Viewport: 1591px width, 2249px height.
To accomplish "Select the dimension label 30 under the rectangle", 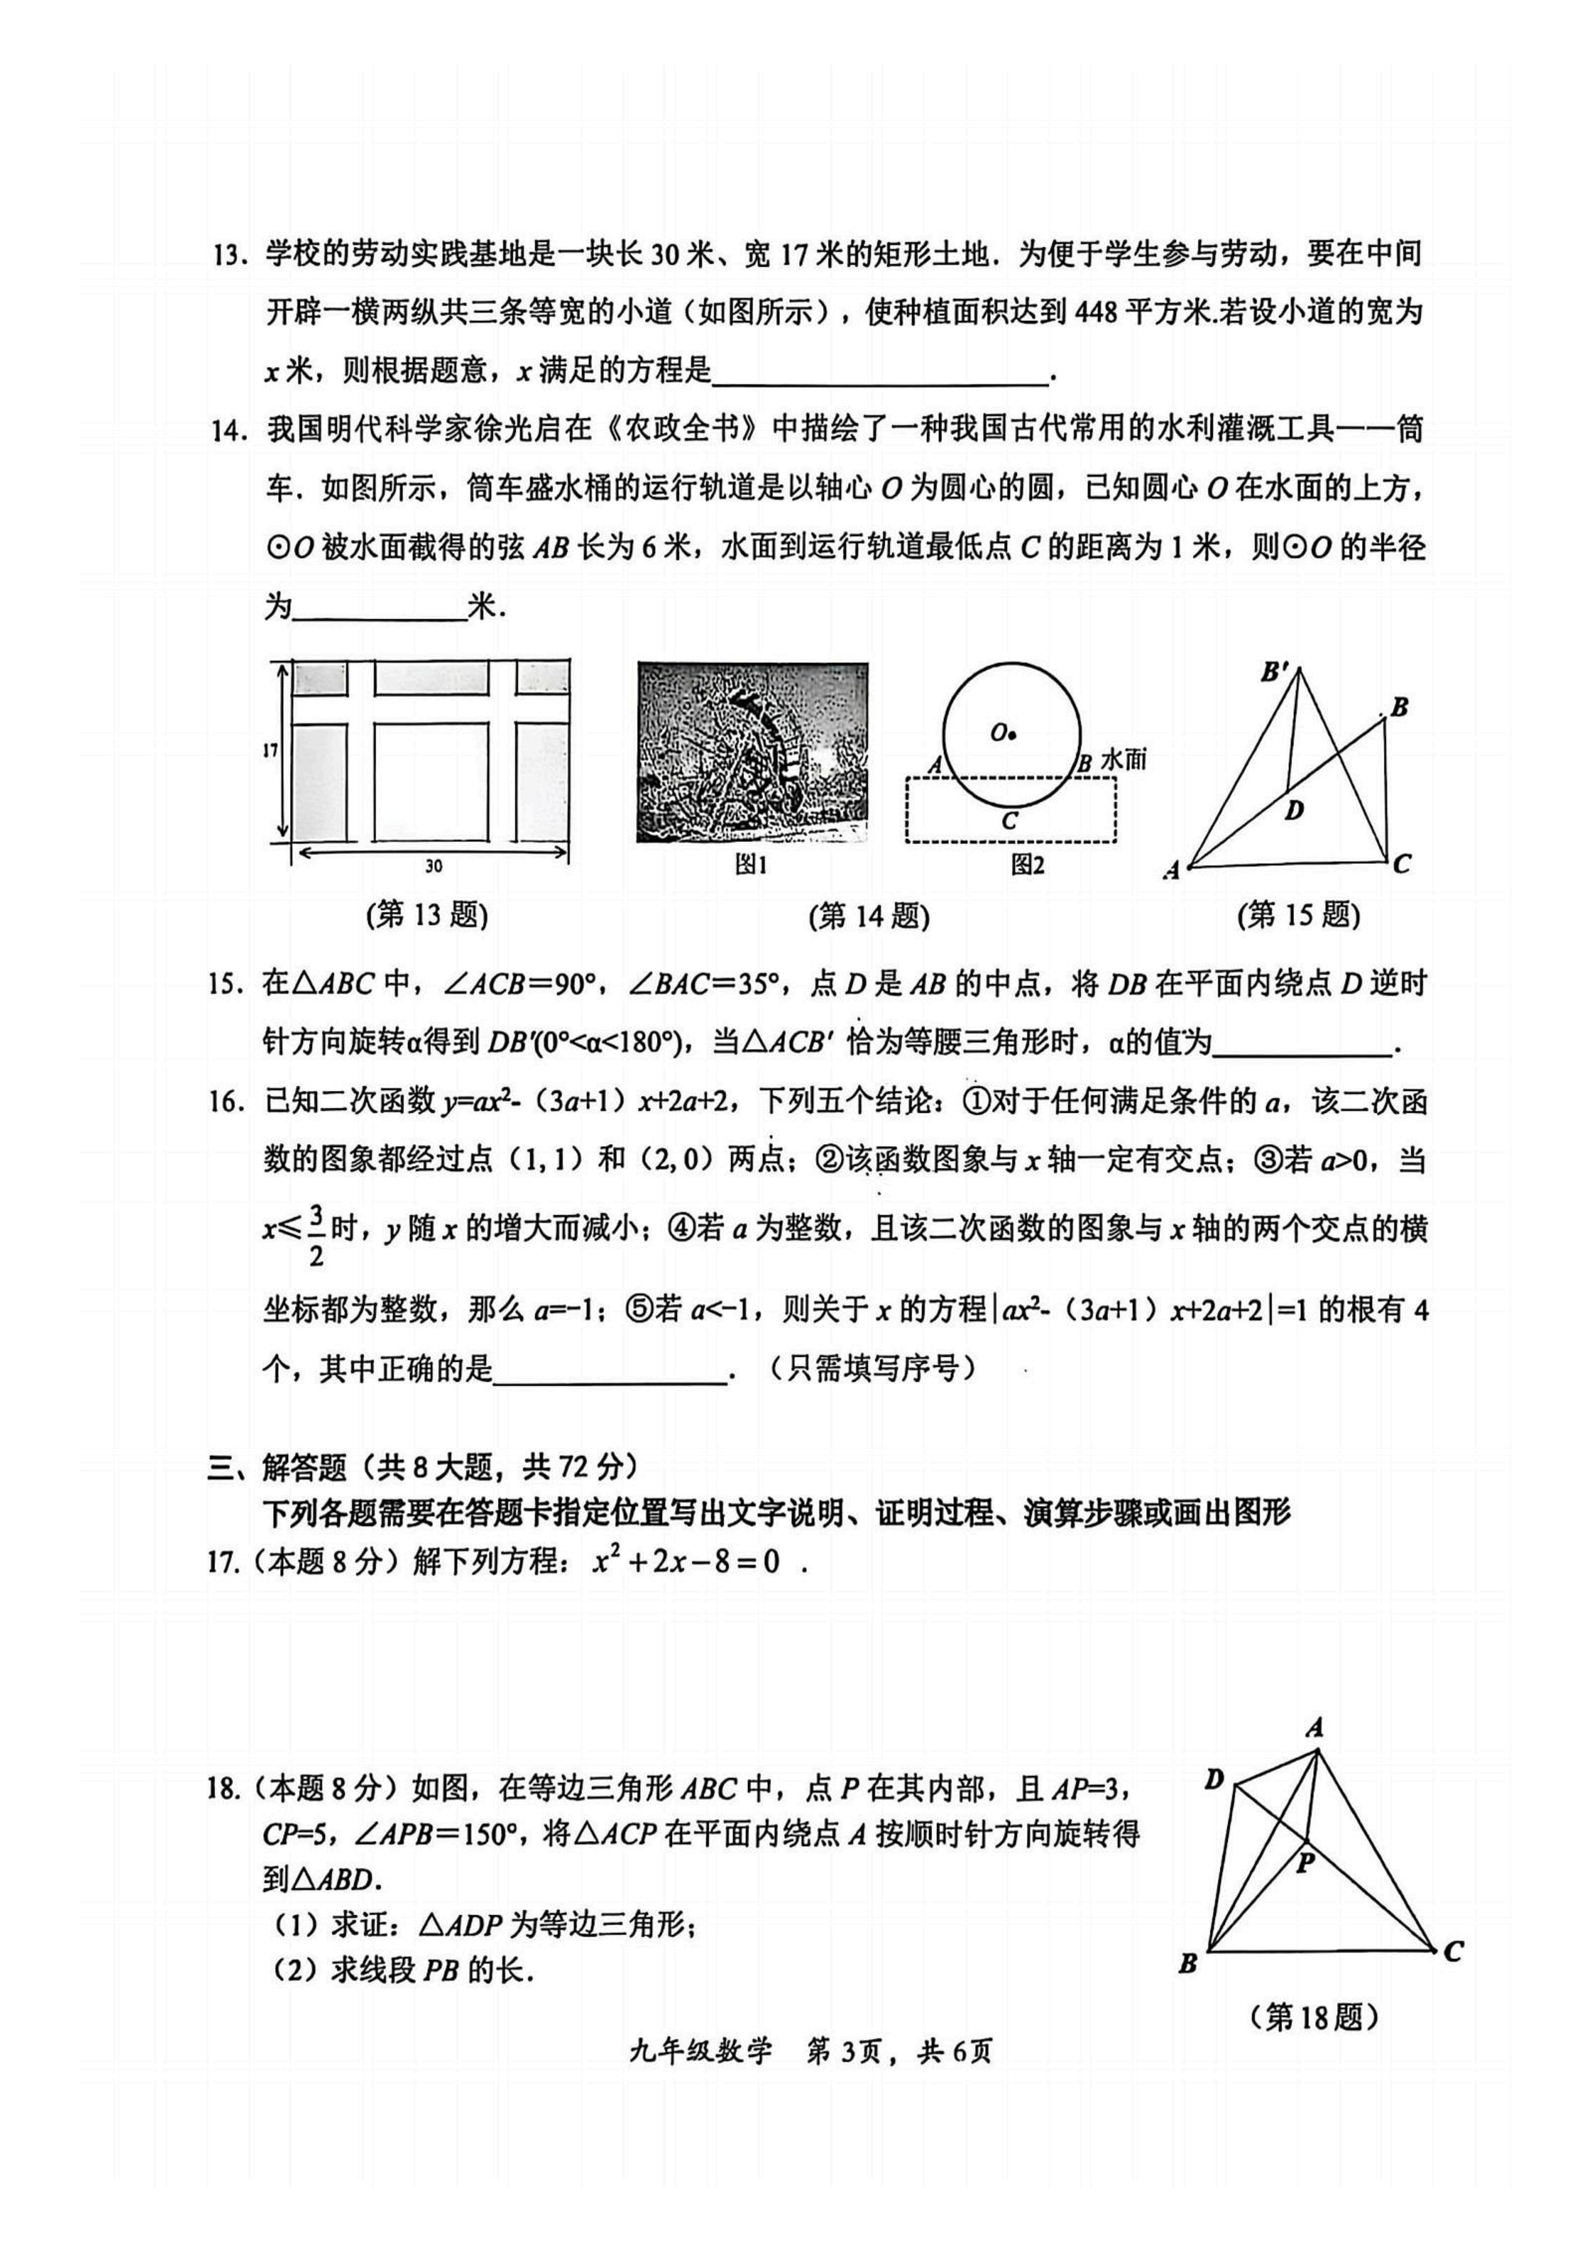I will pyautogui.click(x=432, y=866).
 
